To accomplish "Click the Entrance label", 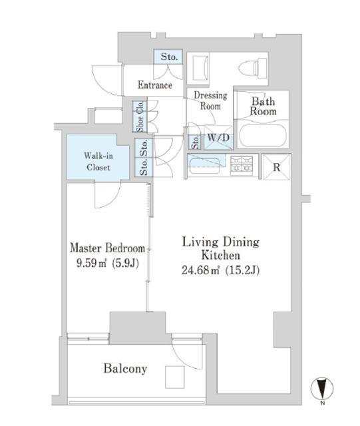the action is [x=155, y=85].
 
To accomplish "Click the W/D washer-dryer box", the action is [x=218, y=138].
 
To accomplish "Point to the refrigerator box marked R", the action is [x=276, y=167].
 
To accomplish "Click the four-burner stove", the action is [x=242, y=164].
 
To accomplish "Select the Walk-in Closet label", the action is [x=98, y=161].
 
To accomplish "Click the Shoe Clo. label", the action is [x=140, y=116].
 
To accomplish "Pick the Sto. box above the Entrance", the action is [x=168, y=57].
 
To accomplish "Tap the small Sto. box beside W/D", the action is [x=195, y=142].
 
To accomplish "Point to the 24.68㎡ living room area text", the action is [x=200, y=270].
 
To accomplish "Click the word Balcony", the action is [x=125, y=369].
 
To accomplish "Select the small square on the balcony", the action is [x=175, y=377].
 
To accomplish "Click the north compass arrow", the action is [x=322, y=388].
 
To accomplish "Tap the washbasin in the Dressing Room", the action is [x=198, y=68].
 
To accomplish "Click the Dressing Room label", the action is [x=210, y=101].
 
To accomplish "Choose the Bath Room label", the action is [x=263, y=106].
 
